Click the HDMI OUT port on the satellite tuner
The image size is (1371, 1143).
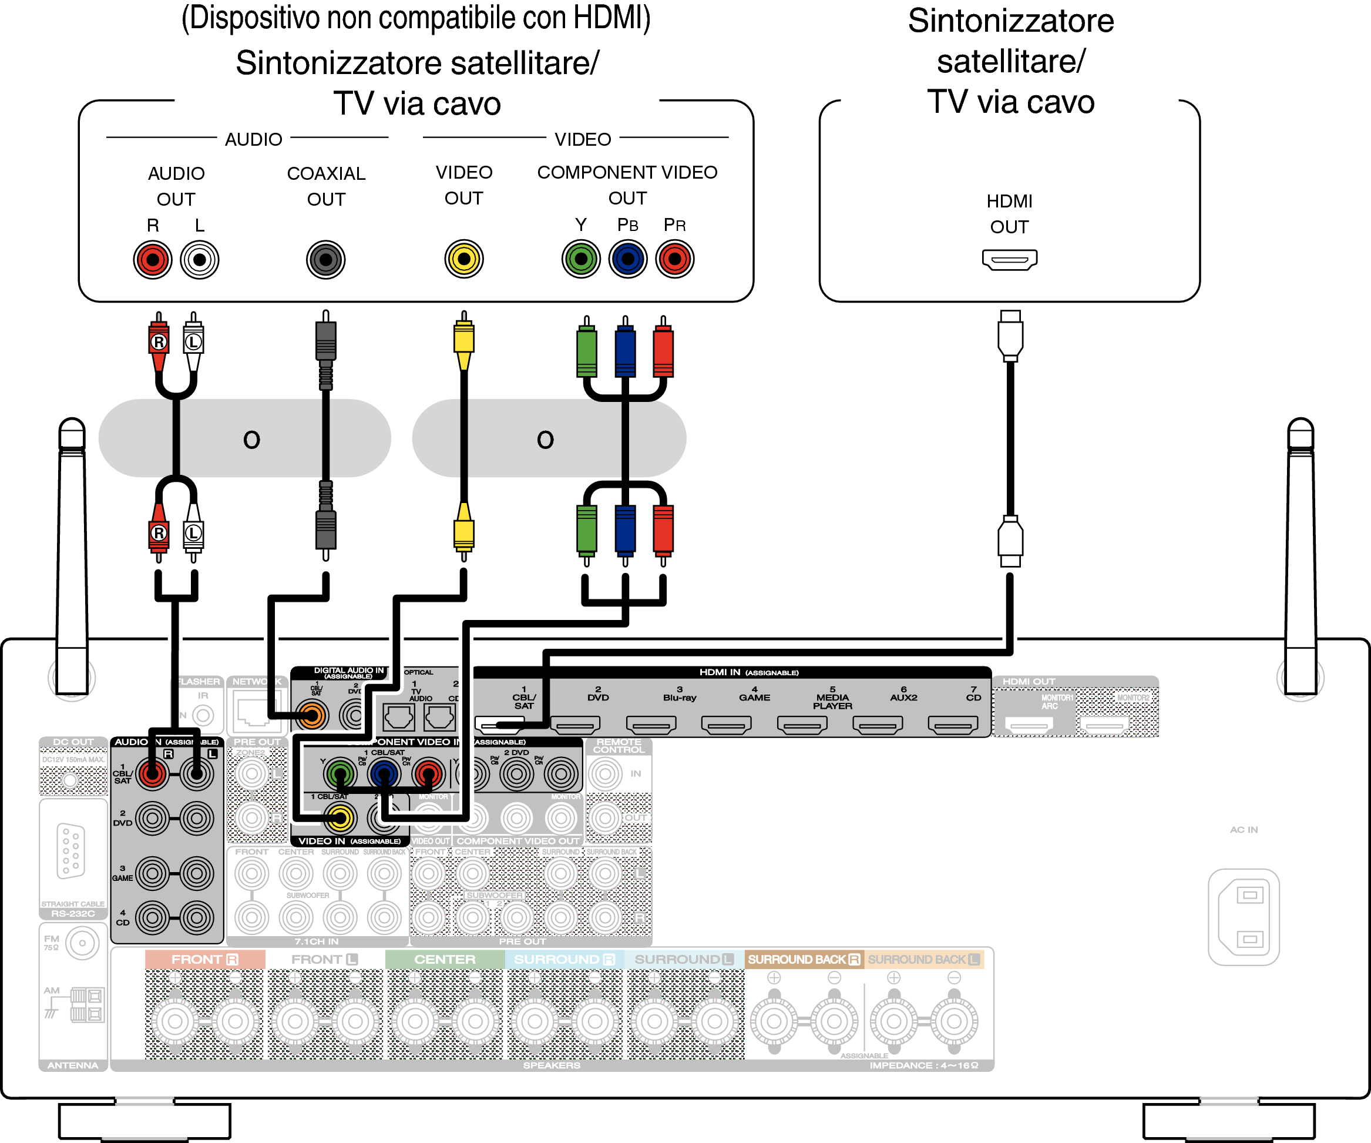pos(1009,259)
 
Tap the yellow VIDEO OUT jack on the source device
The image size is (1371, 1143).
pos(463,259)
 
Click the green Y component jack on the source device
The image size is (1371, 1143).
pos(580,259)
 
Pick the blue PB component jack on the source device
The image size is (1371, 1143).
pos(627,259)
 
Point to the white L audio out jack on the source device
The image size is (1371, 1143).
pos(200,260)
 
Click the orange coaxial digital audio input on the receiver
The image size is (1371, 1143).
pos(312,716)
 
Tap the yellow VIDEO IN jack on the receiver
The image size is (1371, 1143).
pos(340,818)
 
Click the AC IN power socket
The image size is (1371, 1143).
pos(1243,916)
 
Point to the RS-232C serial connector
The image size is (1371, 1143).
pos(70,850)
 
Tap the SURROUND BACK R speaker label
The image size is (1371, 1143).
pos(804,960)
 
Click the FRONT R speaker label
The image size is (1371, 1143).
pos(204,960)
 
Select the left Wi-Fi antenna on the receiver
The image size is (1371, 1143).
pos(72,555)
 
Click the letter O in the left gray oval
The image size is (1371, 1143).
pos(251,440)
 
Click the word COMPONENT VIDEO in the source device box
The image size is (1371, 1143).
pos(627,172)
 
